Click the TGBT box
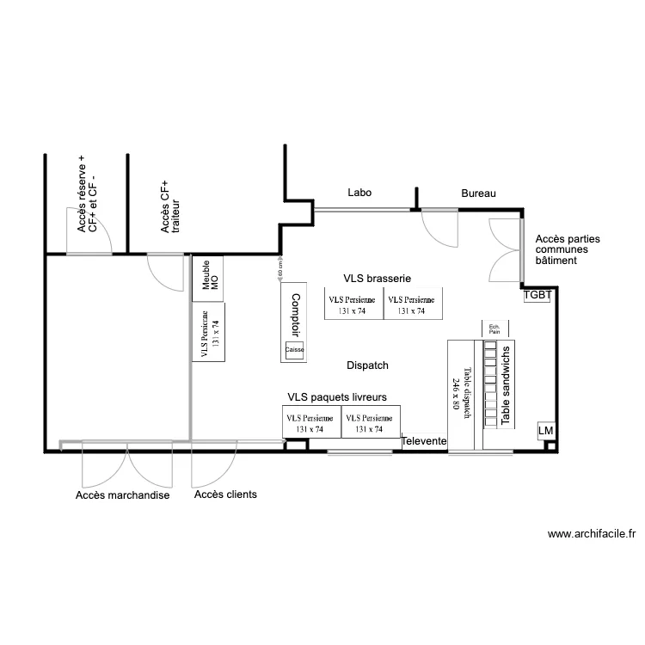click(x=537, y=294)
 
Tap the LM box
click(x=545, y=430)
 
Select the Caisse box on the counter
click(x=295, y=350)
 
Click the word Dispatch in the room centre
click(x=367, y=365)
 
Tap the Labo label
click(x=359, y=193)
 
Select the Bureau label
click(x=479, y=193)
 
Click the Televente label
click(x=424, y=441)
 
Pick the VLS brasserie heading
click(x=377, y=279)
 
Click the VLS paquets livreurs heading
click(x=342, y=397)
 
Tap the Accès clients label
click(x=225, y=494)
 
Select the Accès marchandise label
click(x=122, y=495)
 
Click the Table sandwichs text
click(x=506, y=384)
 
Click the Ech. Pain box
click(x=495, y=329)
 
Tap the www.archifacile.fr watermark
click(x=591, y=534)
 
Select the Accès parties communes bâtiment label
click(x=568, y=249)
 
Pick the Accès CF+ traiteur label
click(x=169, y=207)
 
